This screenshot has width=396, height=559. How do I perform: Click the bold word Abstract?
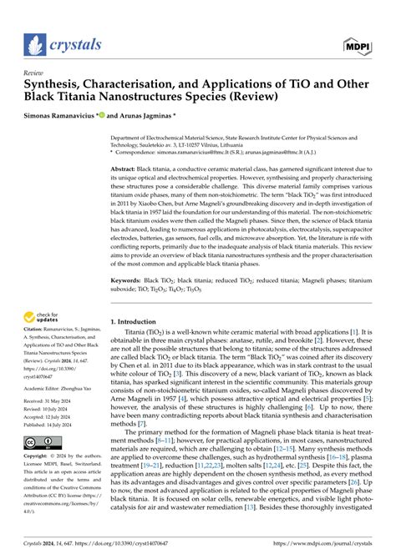(129, 169)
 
